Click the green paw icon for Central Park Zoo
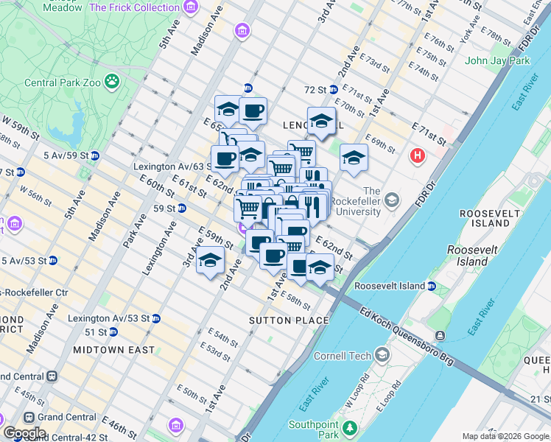coord(112,80)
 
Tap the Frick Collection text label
coord(134,7)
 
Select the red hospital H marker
coord(418,156)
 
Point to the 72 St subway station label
coord(315,90)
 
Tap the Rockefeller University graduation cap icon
coord(392,200)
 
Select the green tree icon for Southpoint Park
coord(350,427)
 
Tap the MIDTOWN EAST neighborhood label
coord(113,350)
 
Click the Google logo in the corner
coord(24,433)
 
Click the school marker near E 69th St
coord(354,158)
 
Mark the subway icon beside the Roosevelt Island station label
coord(432,286)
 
